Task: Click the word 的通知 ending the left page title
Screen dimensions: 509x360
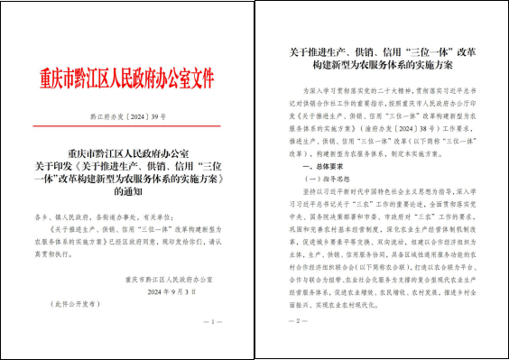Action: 128,192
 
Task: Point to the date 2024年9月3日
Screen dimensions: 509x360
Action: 171,292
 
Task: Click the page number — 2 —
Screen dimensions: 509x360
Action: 296,322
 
